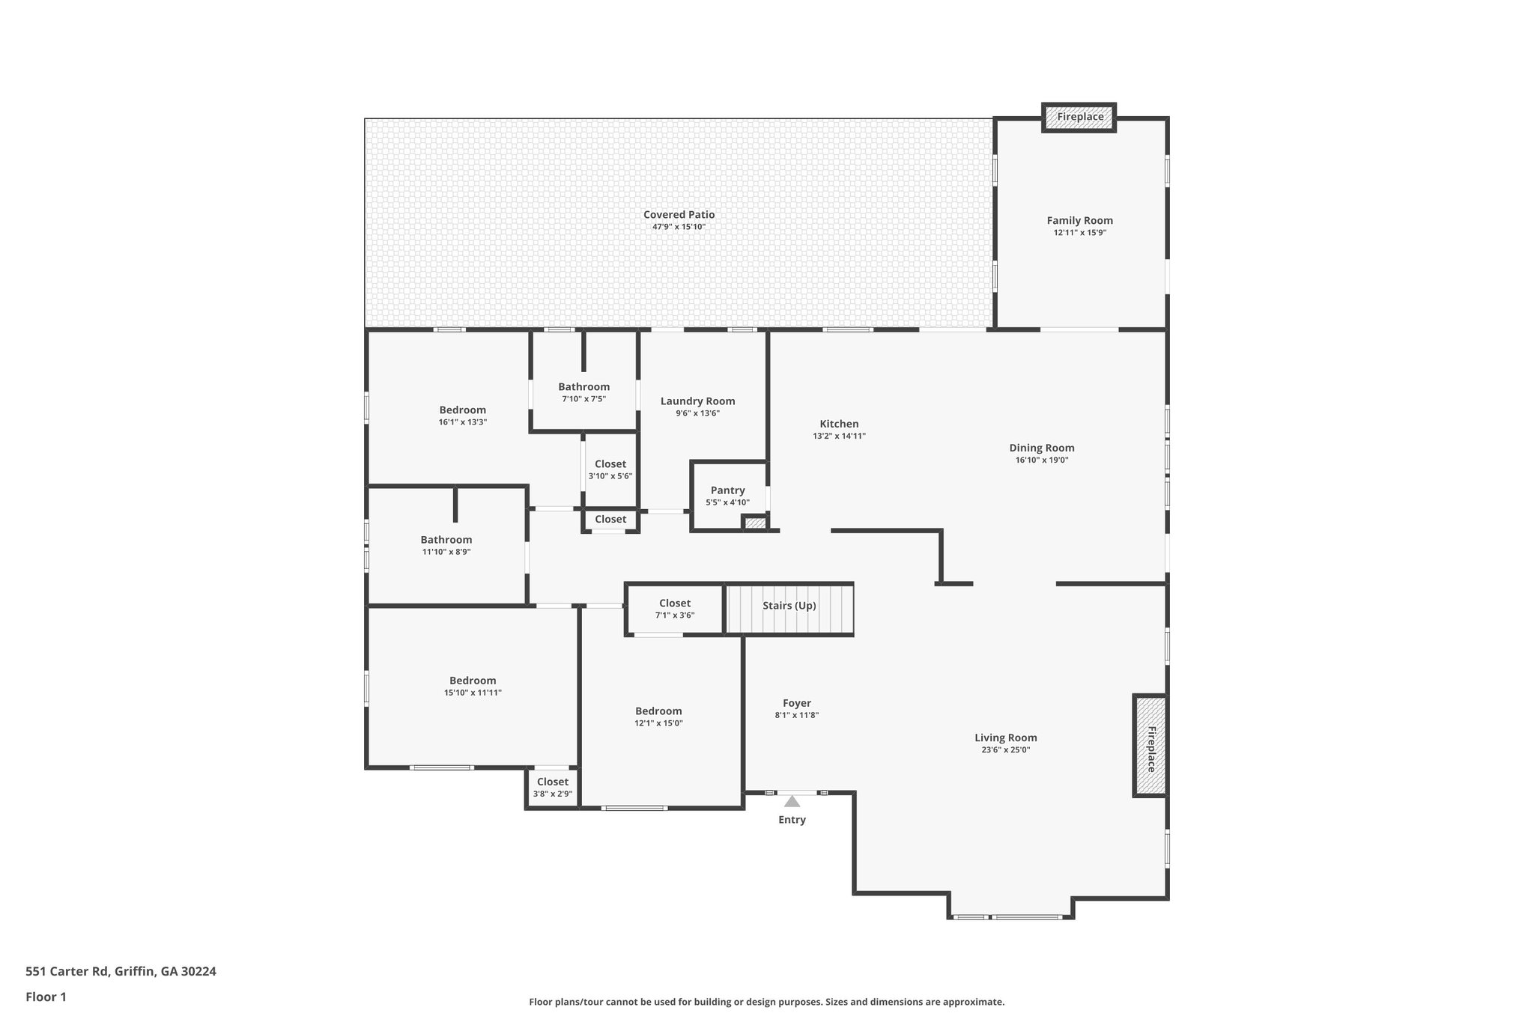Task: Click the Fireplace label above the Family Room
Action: tap(1079, 117)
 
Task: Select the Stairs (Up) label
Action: tap(789, 606)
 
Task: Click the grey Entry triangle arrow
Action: tap(792, 801)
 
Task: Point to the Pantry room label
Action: tap(727, 490)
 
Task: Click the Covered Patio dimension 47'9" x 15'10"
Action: tap(679, 227)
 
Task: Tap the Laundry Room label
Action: tap(697, 401)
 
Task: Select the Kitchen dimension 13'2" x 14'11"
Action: tap(839, 436)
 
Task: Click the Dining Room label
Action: tap(1041, 448)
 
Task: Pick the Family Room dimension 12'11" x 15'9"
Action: tap(1079, 233)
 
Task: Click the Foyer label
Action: tap(796, 703)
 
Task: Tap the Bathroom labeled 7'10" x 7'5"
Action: tap(583, 387)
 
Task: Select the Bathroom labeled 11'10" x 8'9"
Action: tap(446, 540)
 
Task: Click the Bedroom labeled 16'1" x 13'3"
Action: tap(462, 410)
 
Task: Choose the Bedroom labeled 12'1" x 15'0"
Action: tap(658, 711)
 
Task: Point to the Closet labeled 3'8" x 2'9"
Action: tap(552, 782)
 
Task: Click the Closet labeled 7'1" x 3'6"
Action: tap(674, 603)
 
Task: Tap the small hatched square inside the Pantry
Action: tap(755, 523)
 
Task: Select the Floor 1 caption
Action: tap(46, 997)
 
